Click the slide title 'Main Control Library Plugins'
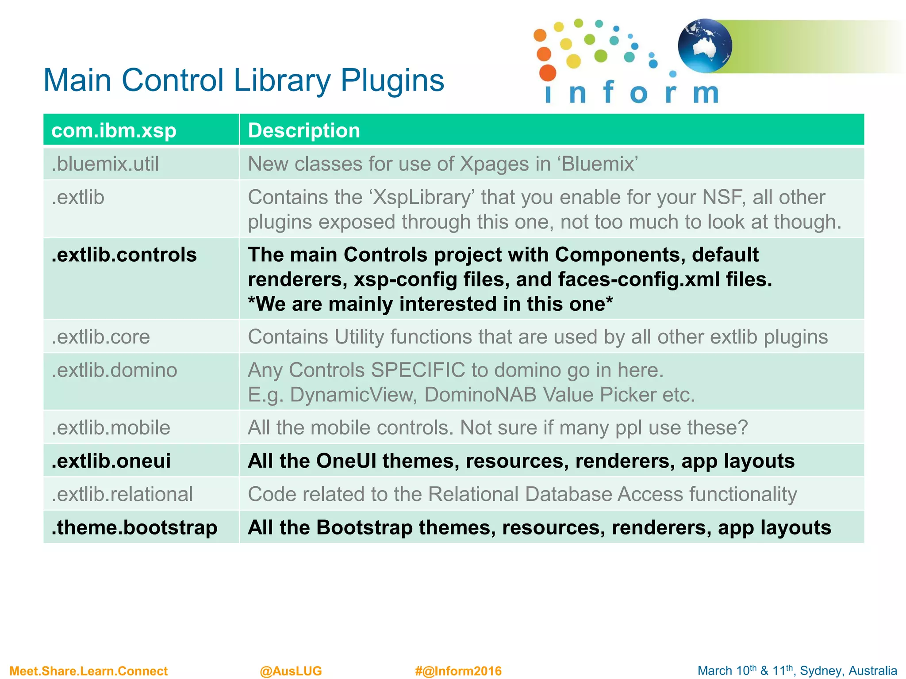[243, 80]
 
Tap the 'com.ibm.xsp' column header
[114, 130]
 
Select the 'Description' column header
[304, 130]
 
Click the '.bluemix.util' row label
[105, 164]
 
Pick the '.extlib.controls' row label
[124, 255]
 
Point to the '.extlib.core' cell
[101, 337]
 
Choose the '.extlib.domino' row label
[114, 370]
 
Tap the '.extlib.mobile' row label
[111, 427]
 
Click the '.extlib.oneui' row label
[111, 461]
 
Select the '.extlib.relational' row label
[122, 494]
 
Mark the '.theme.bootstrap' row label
[134, 527]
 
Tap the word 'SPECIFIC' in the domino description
[418, 370]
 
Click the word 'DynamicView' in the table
[353, 395]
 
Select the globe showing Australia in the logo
[705, 46]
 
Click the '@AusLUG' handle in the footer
[291, 671]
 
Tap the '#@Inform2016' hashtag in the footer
[458, 671]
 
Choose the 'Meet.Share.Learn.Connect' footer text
[88, 671]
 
